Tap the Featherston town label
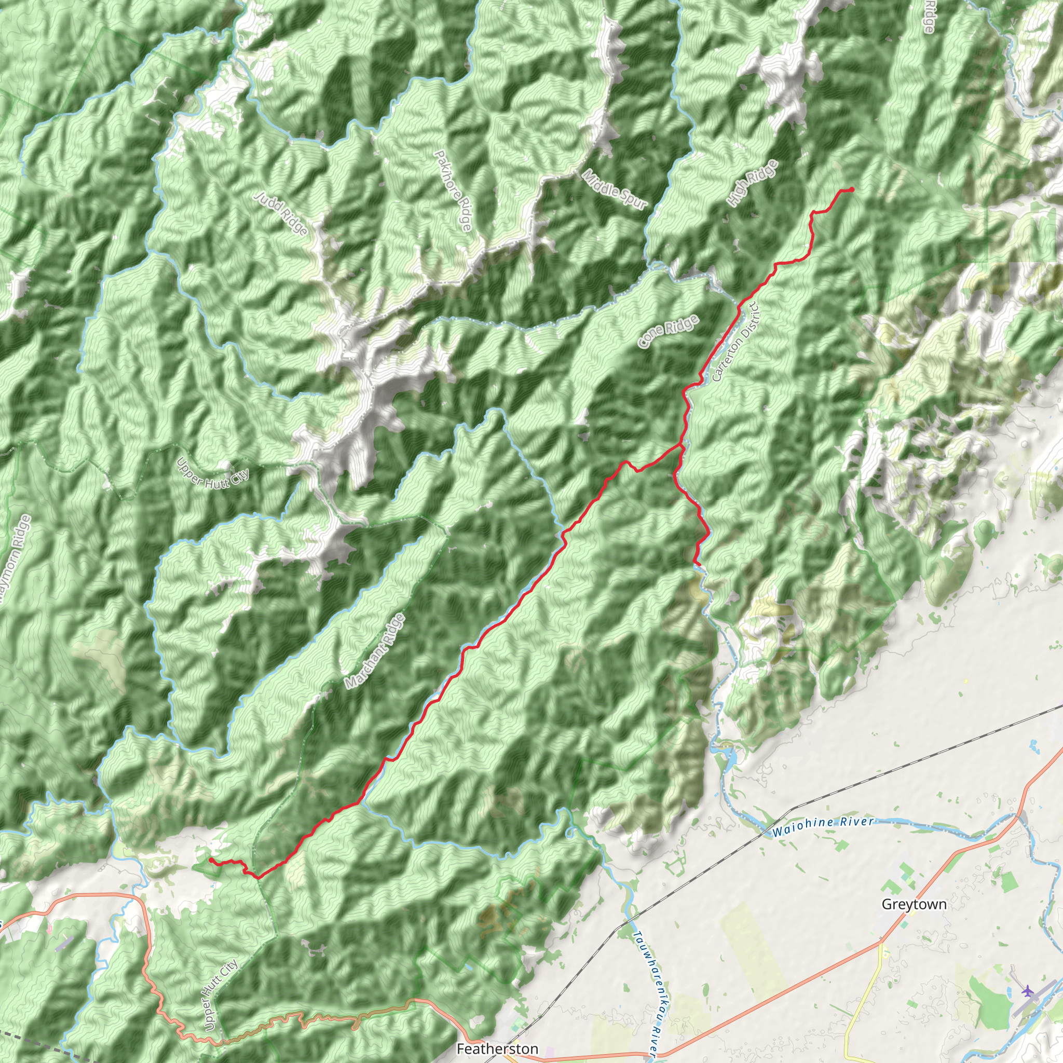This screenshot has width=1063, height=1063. [497, 1048]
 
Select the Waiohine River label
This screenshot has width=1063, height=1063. [823, 827]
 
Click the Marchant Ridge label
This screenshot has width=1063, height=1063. [375, 651]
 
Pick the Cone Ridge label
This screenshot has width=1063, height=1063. [669, 331]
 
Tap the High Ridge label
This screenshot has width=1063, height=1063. [752, 183]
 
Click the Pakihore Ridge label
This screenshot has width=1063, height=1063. [453, 190]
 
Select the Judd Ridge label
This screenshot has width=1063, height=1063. [281, 213]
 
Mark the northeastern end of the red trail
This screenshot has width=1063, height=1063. [852, 190]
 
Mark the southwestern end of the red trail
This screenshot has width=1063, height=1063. [211, 860]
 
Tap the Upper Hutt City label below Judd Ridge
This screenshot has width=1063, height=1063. [213, 479]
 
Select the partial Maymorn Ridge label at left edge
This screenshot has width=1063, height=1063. [15, 561]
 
